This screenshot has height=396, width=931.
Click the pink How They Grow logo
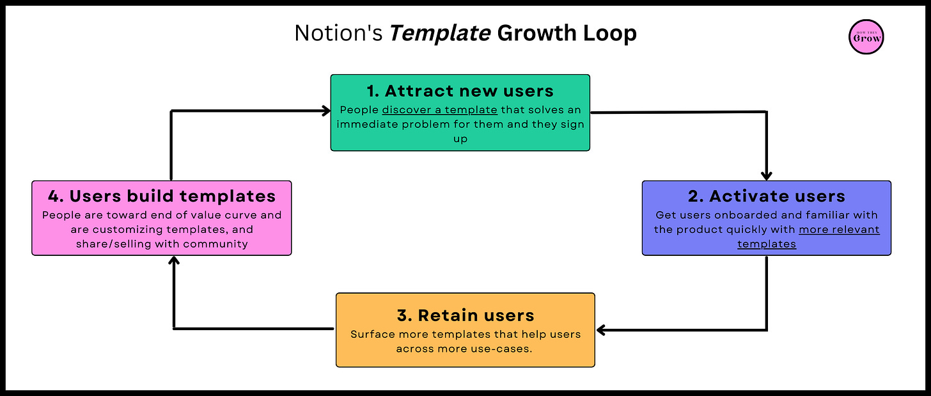pyautogui.click(x=866, y=37)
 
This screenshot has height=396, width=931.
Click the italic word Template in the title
pyautogui.click(x=440, y=33)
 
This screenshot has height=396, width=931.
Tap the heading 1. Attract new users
pyautogui.click(x=460, y=91)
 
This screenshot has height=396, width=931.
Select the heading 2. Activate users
pyautogui.click(x=767, y=196)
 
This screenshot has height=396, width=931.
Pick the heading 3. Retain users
pyautogui.click(x=465, y=315)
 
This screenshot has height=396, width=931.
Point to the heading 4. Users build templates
pyautogui.click(x=162, y=196)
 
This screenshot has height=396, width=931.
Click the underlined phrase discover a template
pyautogui.click(x=439, y=110)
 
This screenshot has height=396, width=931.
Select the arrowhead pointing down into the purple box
pyautogui.click(x=767, y=175)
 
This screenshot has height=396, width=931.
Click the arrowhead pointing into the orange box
pyautogui.click(x=602, y=330)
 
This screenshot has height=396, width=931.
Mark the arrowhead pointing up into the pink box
pyautogui.click(x=173, y=261)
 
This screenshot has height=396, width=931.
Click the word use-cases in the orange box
pyautogui.click(x=508, y=349)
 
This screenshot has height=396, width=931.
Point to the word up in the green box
pyautogui.click(x=460, y=139)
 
